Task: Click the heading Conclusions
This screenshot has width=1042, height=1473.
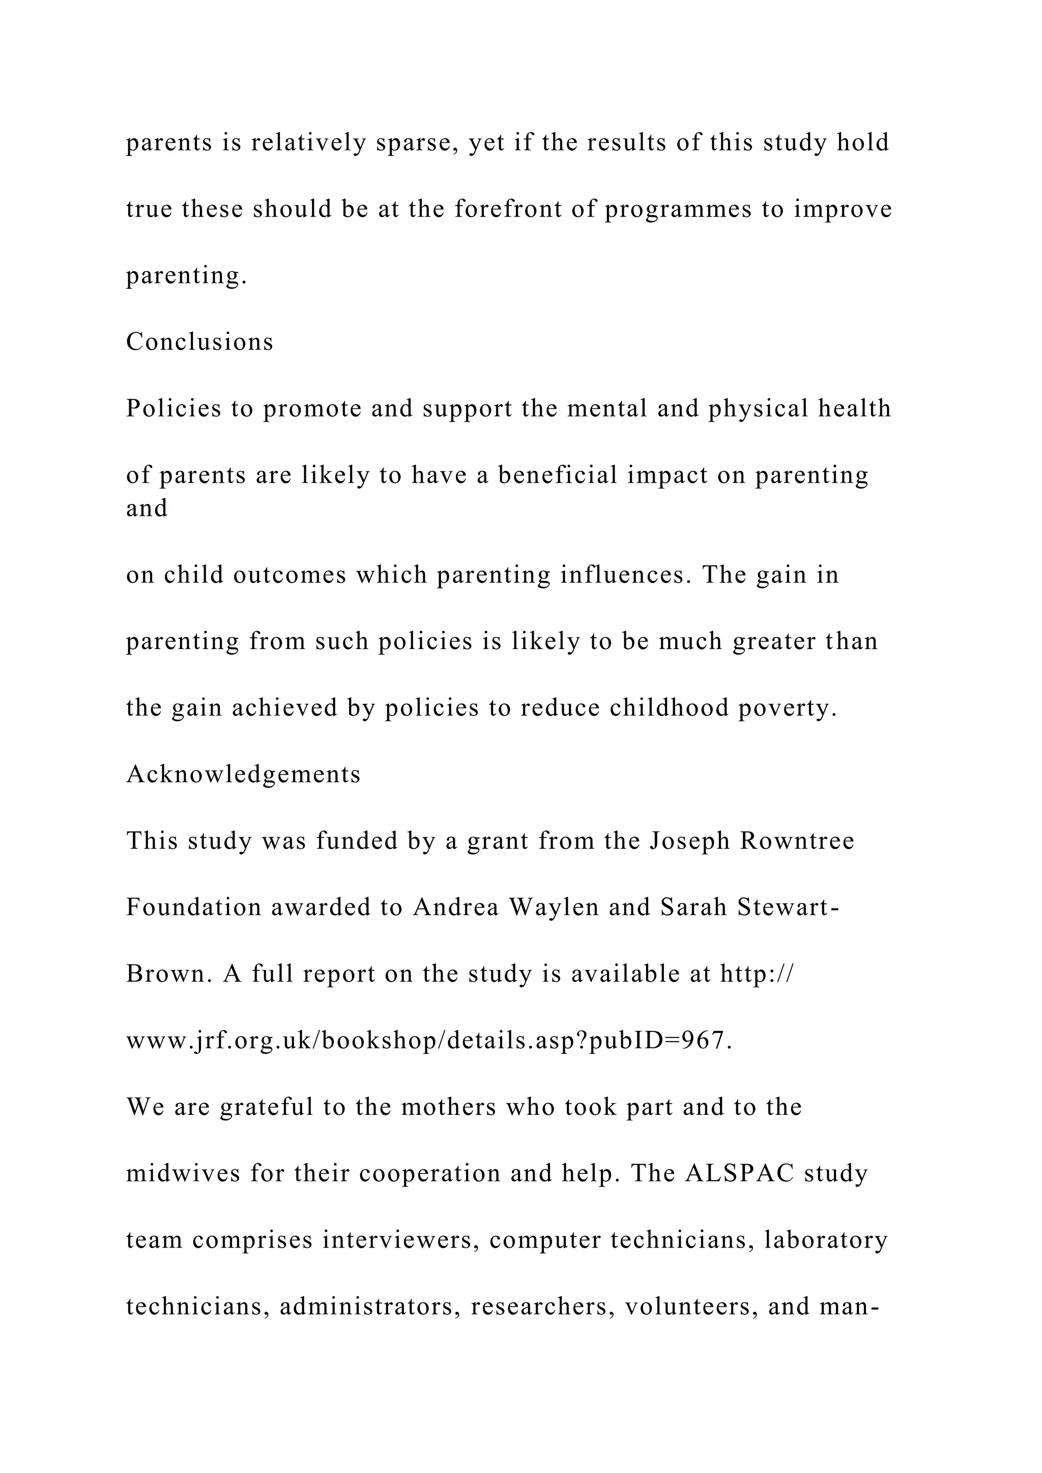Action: click(x=199, y=342)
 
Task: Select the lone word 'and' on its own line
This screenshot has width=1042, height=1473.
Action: click(x=147, y=508)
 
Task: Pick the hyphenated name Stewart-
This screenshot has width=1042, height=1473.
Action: click(x=789, y=908)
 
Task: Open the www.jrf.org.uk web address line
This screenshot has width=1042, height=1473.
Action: click(x=428, y=1041)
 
